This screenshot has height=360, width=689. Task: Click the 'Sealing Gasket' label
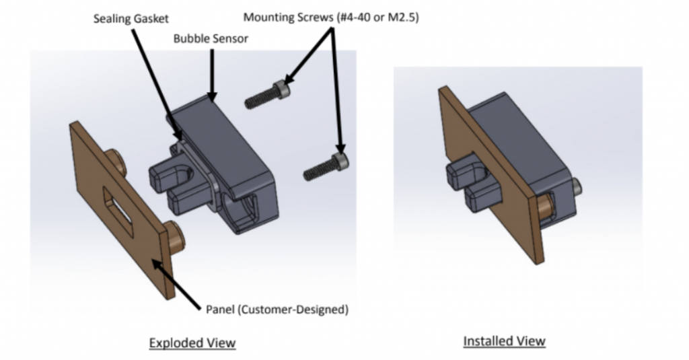pyautogui.click(x=132, y=19)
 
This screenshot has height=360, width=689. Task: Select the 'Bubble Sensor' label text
pyautogui.click(x=211, y=38)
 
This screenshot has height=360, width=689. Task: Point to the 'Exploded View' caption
pyautogui.click(x=192, y=343)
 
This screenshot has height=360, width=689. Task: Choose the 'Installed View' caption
pyautogui.click(x=504, y=341)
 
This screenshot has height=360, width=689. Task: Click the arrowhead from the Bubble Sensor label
pyautogui.click(x=212, y=98)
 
